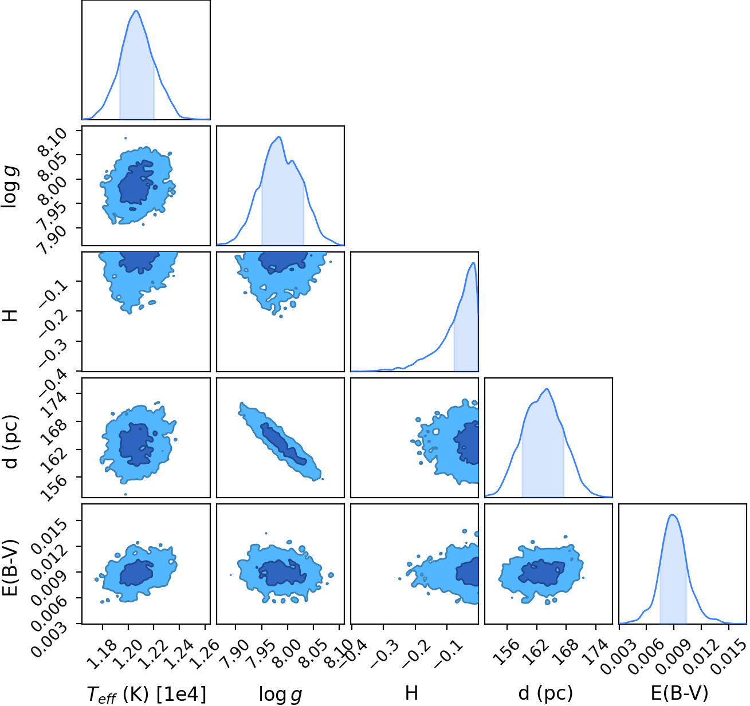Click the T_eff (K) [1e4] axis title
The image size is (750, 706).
[x=147, y=694]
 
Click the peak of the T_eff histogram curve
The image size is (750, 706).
[x=136, y=10]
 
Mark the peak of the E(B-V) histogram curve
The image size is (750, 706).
[x=673, y=515]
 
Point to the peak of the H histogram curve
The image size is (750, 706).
[x=473, y=263]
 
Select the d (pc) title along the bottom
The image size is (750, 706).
[x=545, y=693]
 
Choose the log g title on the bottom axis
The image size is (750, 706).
[x=280, y=695]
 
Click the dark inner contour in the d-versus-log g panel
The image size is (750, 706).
[x=284, y=444]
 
